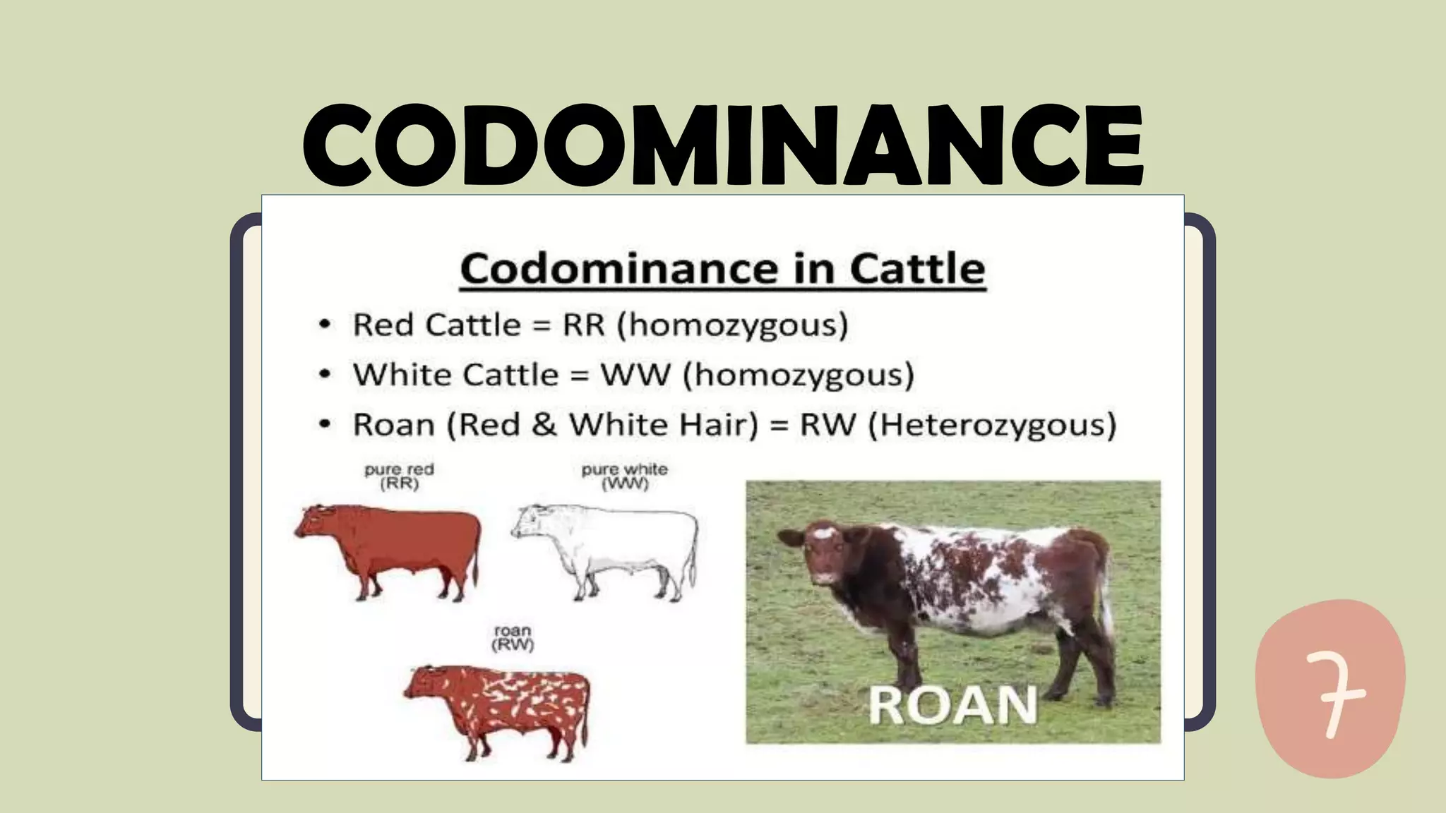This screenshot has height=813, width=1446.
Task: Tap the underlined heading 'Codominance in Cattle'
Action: [x=722, y=269]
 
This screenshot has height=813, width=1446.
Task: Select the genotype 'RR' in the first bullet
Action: [x=584, y=325]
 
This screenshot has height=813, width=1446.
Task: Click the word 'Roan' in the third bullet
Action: [x=393, y=425]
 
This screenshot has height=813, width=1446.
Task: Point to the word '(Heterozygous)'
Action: [x=992, y=425]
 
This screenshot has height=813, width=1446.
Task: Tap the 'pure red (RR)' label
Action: [x=399, y=476]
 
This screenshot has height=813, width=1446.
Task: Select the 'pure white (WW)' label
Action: [x=624, y=476]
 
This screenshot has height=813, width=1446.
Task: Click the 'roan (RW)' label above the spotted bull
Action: [x=513, y=637]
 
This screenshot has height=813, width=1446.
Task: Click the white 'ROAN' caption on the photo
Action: [x=952, y=705]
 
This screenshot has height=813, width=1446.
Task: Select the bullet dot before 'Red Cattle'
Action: [x=324, y=325]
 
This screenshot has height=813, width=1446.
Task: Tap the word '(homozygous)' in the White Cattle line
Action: [x=798, y=375]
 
